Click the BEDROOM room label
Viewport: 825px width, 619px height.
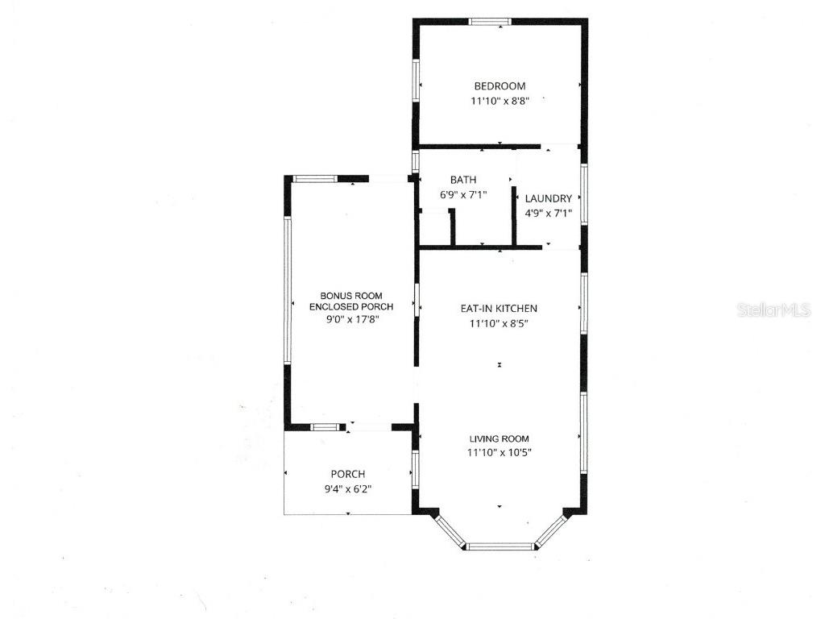(x=500, y=86)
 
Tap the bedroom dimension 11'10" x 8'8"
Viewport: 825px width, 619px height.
(x=500, y=102)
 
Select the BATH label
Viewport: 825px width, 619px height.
(x=463, y=180)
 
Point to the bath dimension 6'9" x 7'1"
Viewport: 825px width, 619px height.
(x=463, y=194)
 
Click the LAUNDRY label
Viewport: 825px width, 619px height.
(x=549, y=198)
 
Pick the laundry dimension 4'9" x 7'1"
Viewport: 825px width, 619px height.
(x=549, y=214)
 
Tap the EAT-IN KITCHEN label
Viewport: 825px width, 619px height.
(x=499, y=309)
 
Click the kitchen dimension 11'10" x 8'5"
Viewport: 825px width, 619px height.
(x=499, y=323)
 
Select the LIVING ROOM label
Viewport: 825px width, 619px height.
(x=500, y=438)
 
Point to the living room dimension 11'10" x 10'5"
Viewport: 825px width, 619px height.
(x=500, y=452)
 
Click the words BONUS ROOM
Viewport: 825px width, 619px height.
(x=351, y=296)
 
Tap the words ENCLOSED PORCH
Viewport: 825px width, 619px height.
(x=351, y=307)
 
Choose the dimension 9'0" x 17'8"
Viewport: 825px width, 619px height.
(x=351, y=319)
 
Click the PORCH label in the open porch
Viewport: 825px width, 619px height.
(x=348, y=474)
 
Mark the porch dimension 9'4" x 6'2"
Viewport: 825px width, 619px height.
(x=348, y=488)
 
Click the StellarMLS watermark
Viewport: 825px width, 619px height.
(x=773, y=309)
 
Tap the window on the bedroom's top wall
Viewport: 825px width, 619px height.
(x=490, y=22)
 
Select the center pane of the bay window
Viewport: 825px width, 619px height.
(x=500, y=546)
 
